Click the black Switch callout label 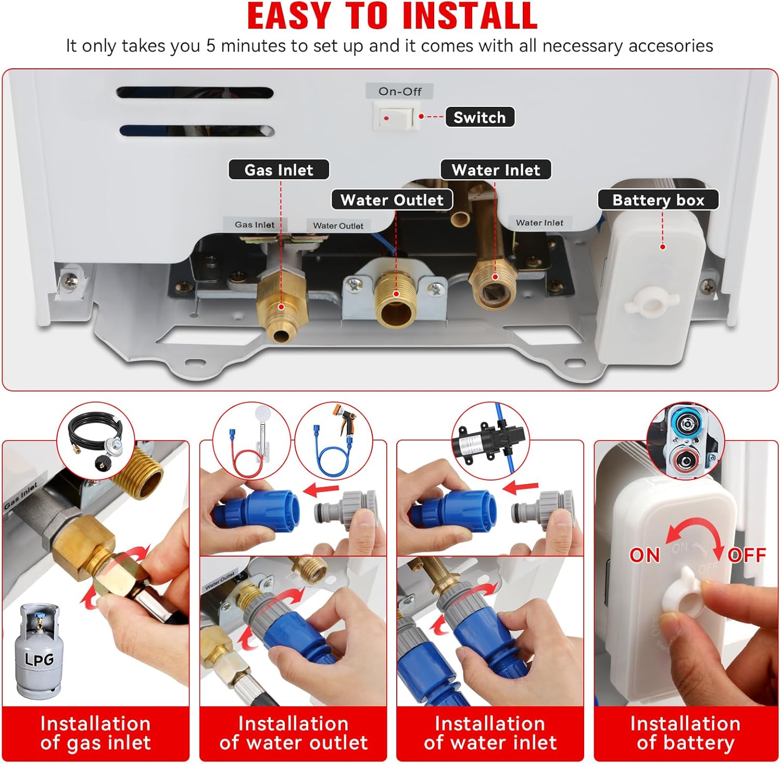pos(480,117)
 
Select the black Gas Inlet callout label pos(279,170)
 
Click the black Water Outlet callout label pos(392,200)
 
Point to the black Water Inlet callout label pos(496,170)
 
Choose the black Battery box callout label pos(658,200)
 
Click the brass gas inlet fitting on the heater pos(282,304)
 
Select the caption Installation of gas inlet pos(96,733)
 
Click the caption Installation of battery pos(685,733)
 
